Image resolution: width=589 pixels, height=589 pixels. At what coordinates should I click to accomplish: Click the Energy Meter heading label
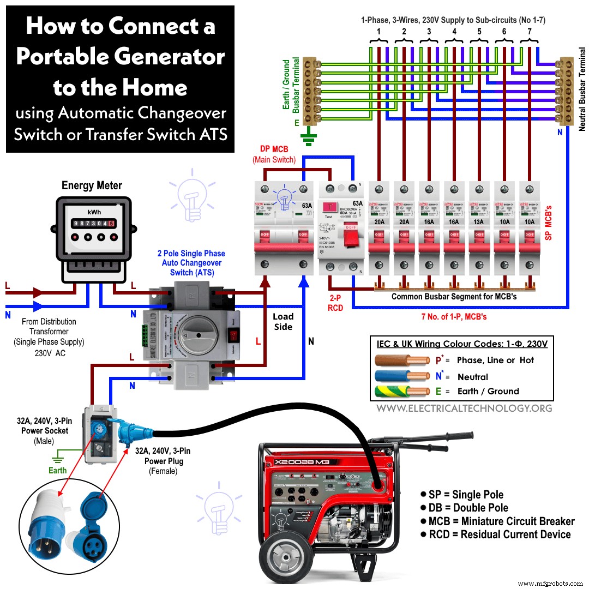(92, 185)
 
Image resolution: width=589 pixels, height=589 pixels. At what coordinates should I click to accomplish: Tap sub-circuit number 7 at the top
(529, 31)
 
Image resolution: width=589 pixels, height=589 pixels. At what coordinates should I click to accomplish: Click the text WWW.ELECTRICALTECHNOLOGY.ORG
(464, 408)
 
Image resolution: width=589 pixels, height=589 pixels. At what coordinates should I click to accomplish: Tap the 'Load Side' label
(283, 322)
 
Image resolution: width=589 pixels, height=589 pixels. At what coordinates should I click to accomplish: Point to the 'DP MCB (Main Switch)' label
(274, 155)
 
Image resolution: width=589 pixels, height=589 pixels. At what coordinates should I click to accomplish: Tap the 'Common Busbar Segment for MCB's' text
(454, 297)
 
